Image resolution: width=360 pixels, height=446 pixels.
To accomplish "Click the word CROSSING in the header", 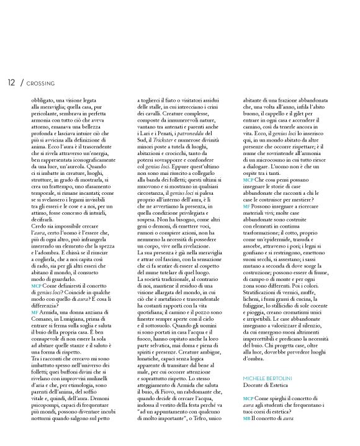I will click(42, 82).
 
